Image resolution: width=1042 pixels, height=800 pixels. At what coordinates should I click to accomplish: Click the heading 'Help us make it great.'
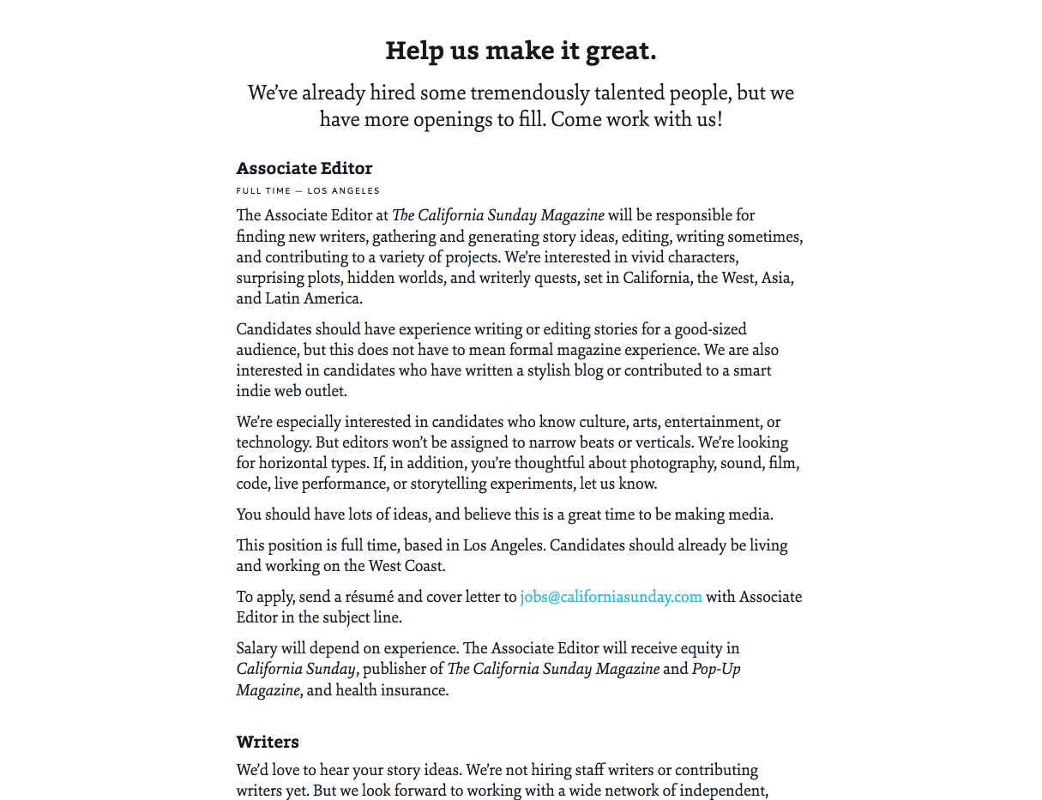point(521,51)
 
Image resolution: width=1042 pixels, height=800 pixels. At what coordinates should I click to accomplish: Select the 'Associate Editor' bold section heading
point(304,168)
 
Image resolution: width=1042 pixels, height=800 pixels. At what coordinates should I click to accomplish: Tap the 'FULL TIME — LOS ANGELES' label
point(308,190)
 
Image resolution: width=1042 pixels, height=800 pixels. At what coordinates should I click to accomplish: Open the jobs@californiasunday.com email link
point(611,597)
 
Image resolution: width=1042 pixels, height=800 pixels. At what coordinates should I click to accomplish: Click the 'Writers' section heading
point(268,742)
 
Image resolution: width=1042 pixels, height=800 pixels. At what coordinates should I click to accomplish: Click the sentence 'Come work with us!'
point(636,118)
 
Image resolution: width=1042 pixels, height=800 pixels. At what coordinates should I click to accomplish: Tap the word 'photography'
point(672,463)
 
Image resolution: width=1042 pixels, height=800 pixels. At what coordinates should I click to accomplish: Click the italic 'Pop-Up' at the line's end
point(716,669)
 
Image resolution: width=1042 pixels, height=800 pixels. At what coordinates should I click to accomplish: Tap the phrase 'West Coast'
point(407,566)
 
